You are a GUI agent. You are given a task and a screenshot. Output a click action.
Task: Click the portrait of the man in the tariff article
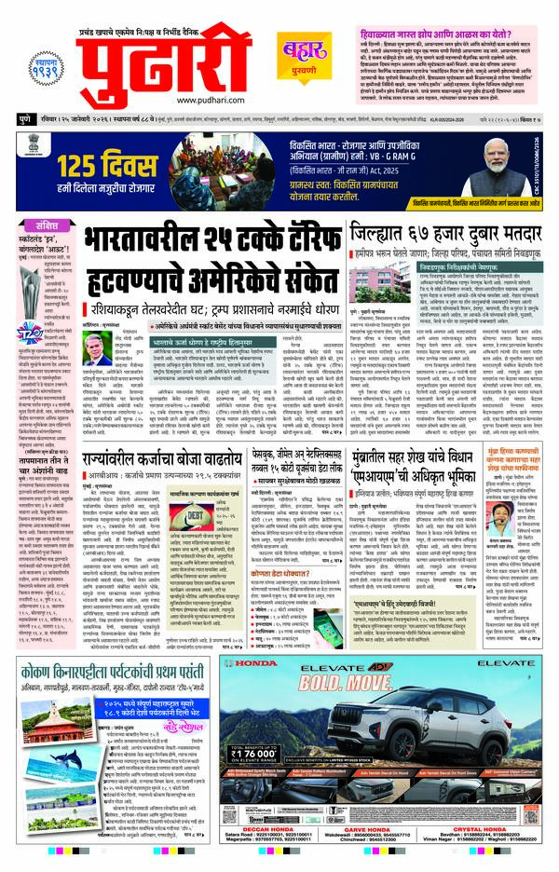tap(96, 348)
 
